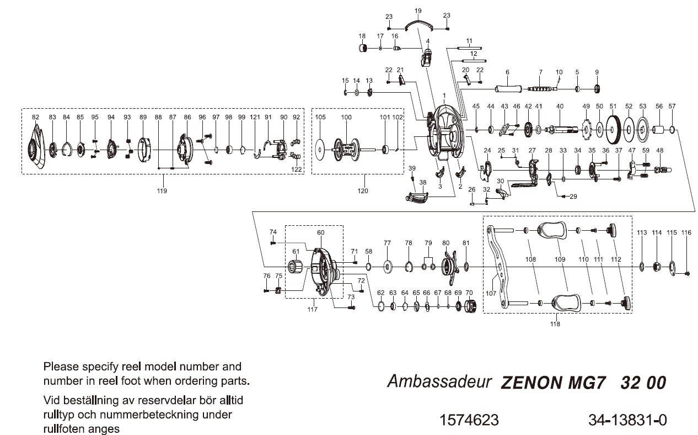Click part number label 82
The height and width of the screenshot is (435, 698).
click(x=36, y=117)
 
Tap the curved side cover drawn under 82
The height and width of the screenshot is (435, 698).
click(x=36, y=148)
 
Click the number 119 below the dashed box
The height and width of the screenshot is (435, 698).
click(x=162, y=190)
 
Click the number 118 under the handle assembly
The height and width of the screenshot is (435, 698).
click(x=555, y=324)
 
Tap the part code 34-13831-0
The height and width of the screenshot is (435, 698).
click(x=627, y=420)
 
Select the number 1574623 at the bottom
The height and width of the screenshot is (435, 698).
click(x=469, y=420)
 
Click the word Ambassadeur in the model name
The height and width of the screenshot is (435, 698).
click(x=439, y=381)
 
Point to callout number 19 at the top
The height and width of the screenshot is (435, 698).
click(x=417, y=10)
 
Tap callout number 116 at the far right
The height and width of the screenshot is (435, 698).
click(x=685, y=233)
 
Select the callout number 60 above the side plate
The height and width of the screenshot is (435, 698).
click(x=321, y=232)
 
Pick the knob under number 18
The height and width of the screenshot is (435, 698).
click(x=363, y=49)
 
